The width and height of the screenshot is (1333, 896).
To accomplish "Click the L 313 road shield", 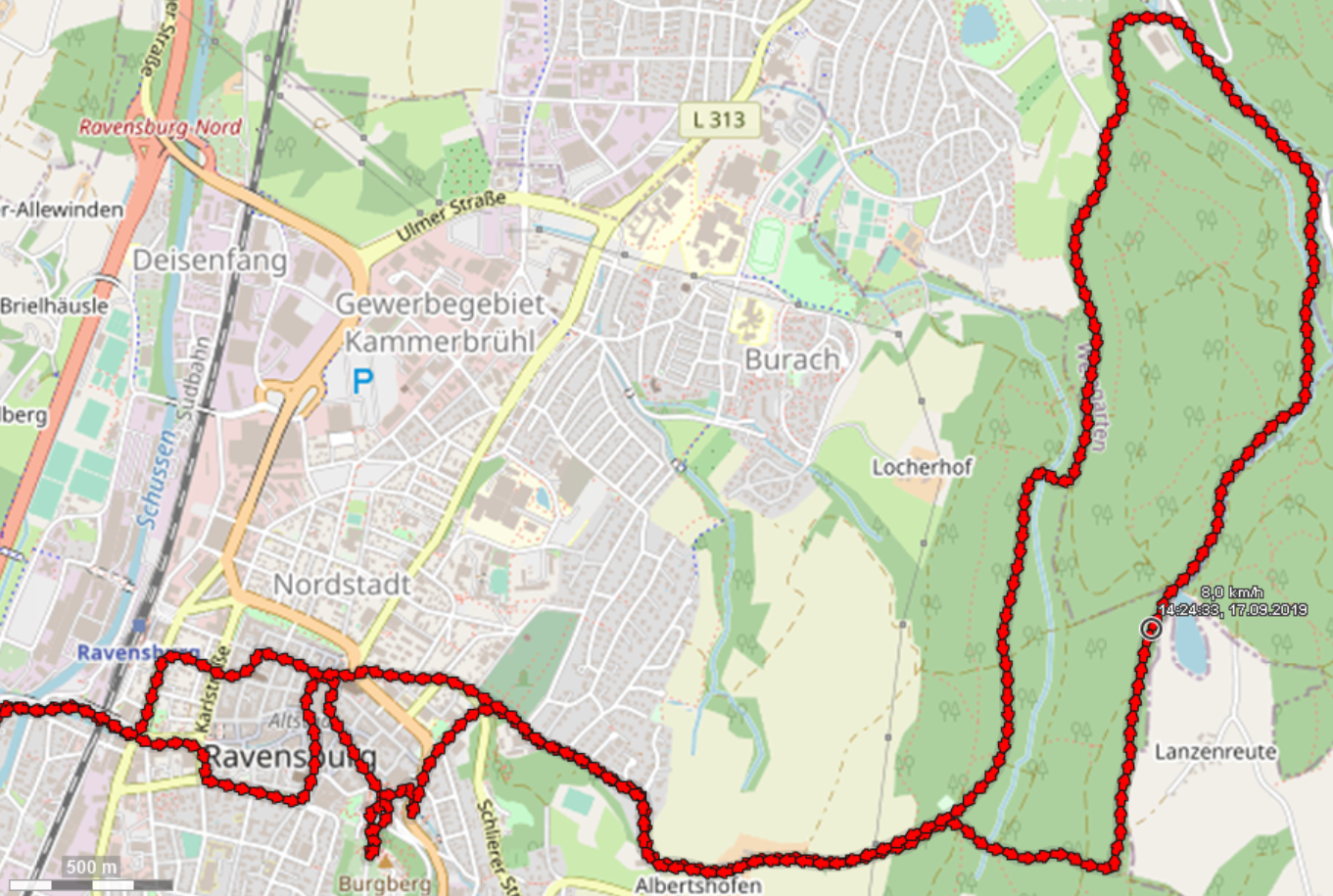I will pos(719,120).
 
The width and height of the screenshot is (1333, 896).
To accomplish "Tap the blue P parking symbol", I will pos(362,381).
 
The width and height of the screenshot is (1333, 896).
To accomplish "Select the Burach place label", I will pos(791,359).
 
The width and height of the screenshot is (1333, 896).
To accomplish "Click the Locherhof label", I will pos(922,467).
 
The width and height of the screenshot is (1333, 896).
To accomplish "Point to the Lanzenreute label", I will pos(1215,752).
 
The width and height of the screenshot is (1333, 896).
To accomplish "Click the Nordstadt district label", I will pos(341,585).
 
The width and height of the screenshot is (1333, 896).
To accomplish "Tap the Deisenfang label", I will pos(210,260).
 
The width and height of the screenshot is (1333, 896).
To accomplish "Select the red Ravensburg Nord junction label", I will pos(160,127).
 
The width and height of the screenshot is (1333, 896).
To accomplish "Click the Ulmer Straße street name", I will pos(452,217).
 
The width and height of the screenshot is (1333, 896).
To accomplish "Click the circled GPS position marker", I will pos(1152,629).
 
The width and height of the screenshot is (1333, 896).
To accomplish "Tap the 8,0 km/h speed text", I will pos(1231,592).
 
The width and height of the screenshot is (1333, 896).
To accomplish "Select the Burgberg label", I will pos(384,884).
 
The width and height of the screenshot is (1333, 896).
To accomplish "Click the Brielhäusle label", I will pos(54,306).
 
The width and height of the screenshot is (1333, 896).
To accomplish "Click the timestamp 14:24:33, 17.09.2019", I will pos(1232,609).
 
